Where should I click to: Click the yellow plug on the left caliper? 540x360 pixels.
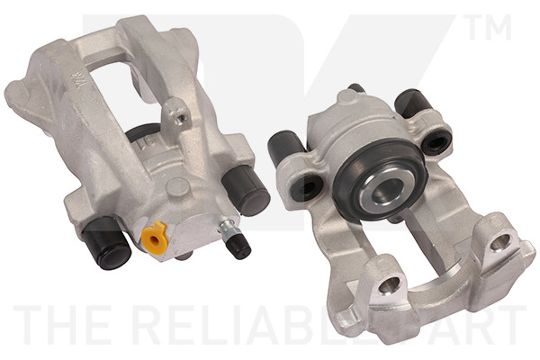[x=156, y=238]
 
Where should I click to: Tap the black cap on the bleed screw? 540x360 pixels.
[x=238, y=246]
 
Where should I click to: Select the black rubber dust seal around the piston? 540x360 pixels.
[x=359, y=184]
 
